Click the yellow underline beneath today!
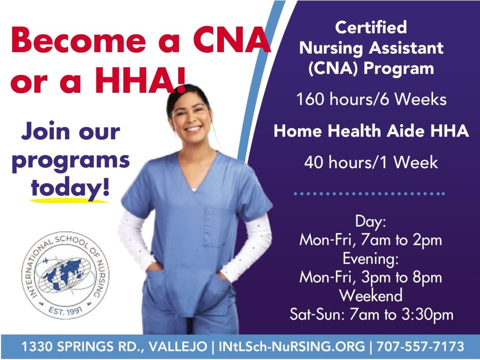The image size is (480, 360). [x=69, y=201]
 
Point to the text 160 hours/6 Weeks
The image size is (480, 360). [x=371, y=99]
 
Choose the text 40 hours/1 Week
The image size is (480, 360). [x=371, y=162]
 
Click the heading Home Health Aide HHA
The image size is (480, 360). [x=371, y=131]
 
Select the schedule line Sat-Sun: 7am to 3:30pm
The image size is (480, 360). [x=371, y=315]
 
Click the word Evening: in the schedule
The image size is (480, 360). [x=371, y=258]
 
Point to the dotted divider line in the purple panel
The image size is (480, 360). [x=369, y=194]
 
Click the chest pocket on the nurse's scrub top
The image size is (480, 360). [x=219, y=227]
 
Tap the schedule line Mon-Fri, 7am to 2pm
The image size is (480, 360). [x=371, y=240]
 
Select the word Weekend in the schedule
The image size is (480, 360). [x=371, y=296]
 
